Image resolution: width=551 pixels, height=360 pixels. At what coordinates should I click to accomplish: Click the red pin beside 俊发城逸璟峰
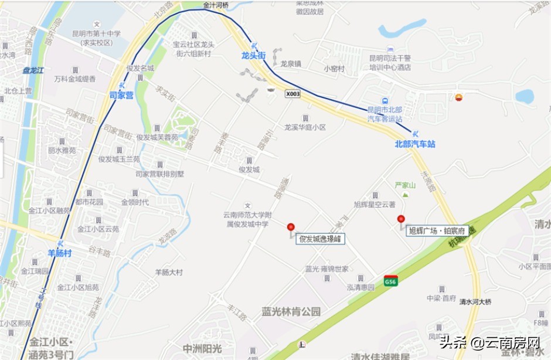point(291,227)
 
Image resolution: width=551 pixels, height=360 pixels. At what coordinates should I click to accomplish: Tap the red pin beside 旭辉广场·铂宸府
point(401,220)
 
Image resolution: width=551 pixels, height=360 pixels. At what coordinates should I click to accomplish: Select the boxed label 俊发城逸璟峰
point(321,239)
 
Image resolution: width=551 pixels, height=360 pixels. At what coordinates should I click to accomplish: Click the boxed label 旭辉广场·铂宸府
point(437,231)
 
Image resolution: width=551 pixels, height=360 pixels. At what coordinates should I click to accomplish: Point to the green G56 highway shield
point(391,281)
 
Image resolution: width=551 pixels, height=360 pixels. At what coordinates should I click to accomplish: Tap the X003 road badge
point(293,93)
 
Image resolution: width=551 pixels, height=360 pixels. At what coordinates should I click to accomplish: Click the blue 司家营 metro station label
point(121,94)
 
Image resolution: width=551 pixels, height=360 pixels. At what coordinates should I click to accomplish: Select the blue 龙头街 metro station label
point(253,56)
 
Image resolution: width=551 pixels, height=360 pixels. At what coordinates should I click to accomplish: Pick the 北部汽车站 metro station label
point(415,144)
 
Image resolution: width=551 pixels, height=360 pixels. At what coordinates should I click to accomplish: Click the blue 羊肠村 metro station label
point(60,253)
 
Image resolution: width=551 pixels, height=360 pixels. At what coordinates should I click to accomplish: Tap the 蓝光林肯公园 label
point(291,312)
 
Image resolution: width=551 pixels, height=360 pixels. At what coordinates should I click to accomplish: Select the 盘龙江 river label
point(33,70)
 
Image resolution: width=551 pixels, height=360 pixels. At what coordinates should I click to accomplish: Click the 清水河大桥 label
point(475,302)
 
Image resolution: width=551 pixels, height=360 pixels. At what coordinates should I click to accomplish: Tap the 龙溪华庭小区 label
point(305,127)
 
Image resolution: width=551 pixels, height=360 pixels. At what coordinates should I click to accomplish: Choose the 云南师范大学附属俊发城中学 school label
point(247,219)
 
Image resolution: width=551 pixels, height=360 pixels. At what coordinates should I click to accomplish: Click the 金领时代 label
point(135,202)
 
